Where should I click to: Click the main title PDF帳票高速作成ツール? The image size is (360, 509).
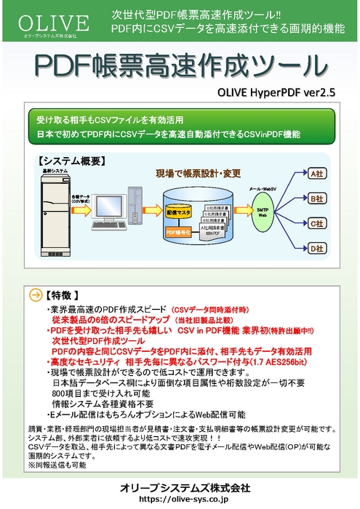pyautogui.click(x=180, y=66)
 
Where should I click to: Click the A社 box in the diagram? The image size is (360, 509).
pyautogui.click(x=316, y=175)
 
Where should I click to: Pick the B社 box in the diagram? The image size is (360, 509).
pyautogui.click(x=316, y=198)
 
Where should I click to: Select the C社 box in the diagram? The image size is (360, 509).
pyautogui.click(x=316, y=223)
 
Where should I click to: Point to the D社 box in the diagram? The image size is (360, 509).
pyautogui.click(x=316, y=249)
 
